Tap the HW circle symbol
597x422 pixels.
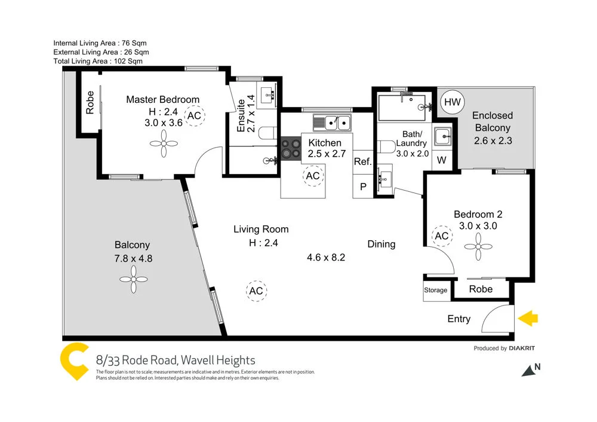(452, 103)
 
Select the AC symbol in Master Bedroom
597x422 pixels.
(194, 116)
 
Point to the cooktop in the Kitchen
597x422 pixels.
(291, 148)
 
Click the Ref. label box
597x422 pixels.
(362, 161)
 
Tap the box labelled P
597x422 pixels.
(362, 186)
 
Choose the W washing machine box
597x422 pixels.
(442, 160)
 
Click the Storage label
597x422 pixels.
(436, 290)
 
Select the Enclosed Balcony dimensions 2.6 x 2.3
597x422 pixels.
(493, 141)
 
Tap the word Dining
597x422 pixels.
(381, 244)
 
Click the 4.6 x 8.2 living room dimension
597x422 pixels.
(327, 258)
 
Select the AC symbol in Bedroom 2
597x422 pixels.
(442, 236)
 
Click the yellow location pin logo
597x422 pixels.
(75, 360)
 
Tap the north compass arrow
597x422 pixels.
(528, 371)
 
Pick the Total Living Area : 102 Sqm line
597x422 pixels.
(98, 61)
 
